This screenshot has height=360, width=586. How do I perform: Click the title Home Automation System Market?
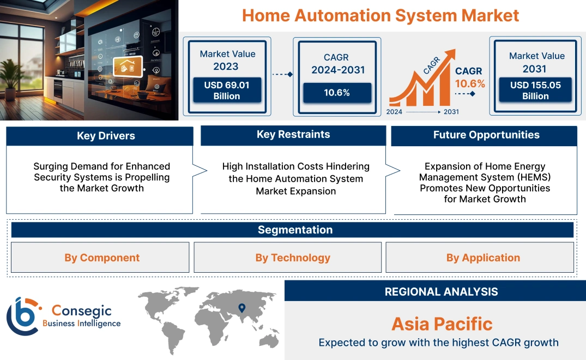click(380, 15)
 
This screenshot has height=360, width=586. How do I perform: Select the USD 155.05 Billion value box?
click(535, 91)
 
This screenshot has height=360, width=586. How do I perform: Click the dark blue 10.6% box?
click(337, 93)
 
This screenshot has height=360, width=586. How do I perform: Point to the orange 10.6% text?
click(470, 84)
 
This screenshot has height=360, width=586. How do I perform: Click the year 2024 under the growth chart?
click(395, 111)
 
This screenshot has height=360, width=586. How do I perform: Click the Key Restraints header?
click(293, 135)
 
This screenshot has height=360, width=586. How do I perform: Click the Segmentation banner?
click(295, 230)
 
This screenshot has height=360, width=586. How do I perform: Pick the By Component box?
click(102, 257)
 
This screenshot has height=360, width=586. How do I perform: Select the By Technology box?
click(293, 257)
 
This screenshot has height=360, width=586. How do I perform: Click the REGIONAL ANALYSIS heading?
click(441, 291)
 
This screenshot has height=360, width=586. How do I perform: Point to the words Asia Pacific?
click(442, 324)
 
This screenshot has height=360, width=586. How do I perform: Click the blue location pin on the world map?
click(241, 309)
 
